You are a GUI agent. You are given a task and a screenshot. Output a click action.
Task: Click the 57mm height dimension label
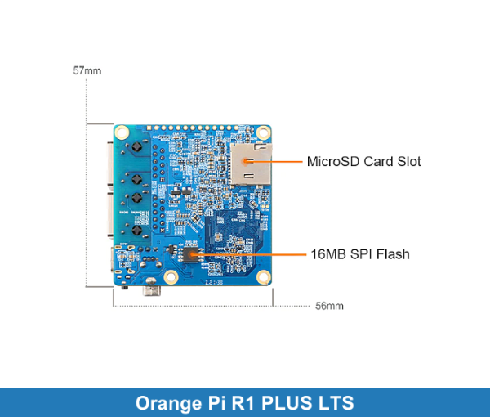pyautogui.click(x=87, y=70)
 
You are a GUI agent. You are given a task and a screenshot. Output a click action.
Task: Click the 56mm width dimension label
pyautogui.click(x=328, y=306)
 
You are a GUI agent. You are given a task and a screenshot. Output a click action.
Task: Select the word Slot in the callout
pyautogui.click(x=409, y=161)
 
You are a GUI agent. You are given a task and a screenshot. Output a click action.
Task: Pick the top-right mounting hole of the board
pyautogui.click(x=263, y=132)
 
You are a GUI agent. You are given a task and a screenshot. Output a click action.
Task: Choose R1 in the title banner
pyautogui.click(x=245, y=403)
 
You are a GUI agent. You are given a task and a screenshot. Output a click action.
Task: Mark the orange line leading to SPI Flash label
pyautogui.click(x=253, y=254)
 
